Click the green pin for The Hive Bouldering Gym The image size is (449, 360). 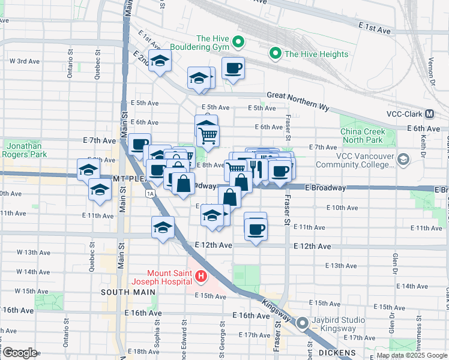238,42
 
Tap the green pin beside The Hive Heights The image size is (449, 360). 276,54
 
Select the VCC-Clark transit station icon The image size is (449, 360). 430,114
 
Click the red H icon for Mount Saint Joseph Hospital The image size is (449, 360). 201,277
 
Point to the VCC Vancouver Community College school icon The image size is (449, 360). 403,160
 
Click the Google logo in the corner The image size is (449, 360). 20,353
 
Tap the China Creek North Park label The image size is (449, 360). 361,136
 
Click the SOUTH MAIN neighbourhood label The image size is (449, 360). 124,292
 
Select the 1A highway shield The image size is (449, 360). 150,193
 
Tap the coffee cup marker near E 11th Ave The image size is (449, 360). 256,228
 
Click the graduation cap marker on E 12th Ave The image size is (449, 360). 162,227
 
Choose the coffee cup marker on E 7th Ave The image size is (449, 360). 139,144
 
